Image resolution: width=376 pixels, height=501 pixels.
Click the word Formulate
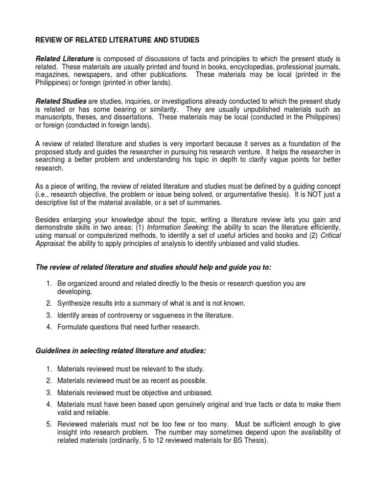point(72,327)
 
